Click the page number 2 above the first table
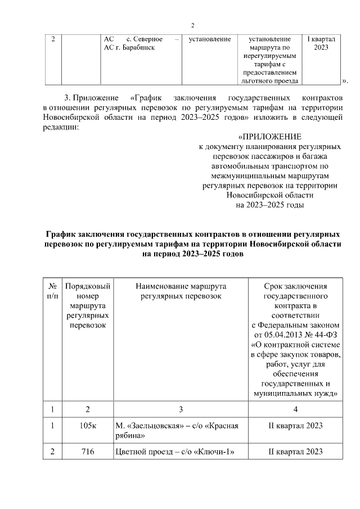(x=192, y=25)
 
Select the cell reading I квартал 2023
(x=321, y=43)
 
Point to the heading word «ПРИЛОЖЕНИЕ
(x=269, y=137)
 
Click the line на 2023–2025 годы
(x=269, y=205)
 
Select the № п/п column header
(x=52, y=291)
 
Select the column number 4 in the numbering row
(x=295, y=409)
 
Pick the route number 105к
(x=88, y=426)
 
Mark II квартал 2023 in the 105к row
(x=295, y=426)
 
